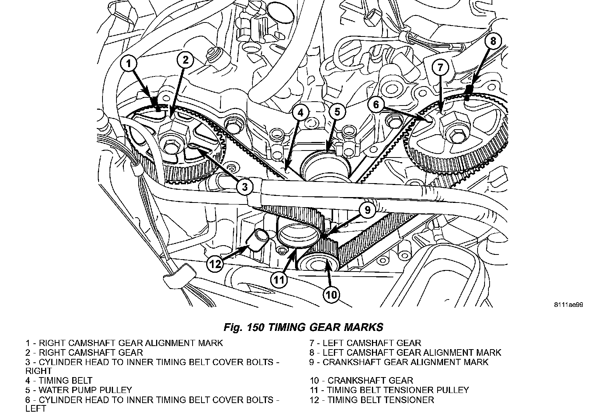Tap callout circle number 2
186,60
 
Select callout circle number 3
245,187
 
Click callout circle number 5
337,112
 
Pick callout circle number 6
376,104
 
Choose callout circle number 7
440,68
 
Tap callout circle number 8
493,41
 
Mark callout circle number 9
367,210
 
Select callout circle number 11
279,279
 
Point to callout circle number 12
215,264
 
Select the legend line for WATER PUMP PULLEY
79,390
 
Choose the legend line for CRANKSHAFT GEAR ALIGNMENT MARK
399,362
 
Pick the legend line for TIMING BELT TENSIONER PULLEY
389,390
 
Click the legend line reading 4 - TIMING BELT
59,381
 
